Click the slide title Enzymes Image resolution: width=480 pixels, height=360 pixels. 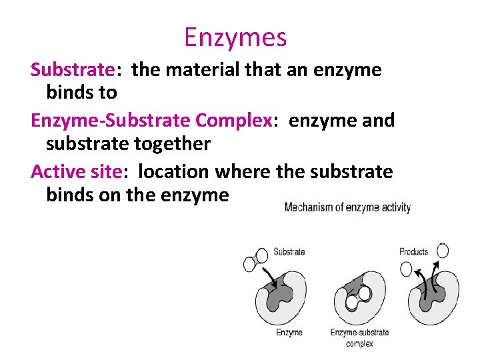(x=235, y=37)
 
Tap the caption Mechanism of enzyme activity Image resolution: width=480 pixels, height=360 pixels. (x=347, y=207)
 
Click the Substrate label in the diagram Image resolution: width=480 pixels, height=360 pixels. (x=289, y=251)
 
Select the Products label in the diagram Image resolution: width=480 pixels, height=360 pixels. (x=413, y=251)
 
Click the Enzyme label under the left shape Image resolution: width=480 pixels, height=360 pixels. (x=289, y=332)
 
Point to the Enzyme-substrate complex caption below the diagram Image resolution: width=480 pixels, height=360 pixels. (x=359, y=337)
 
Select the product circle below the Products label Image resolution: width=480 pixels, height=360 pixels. (x=406, y=269)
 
